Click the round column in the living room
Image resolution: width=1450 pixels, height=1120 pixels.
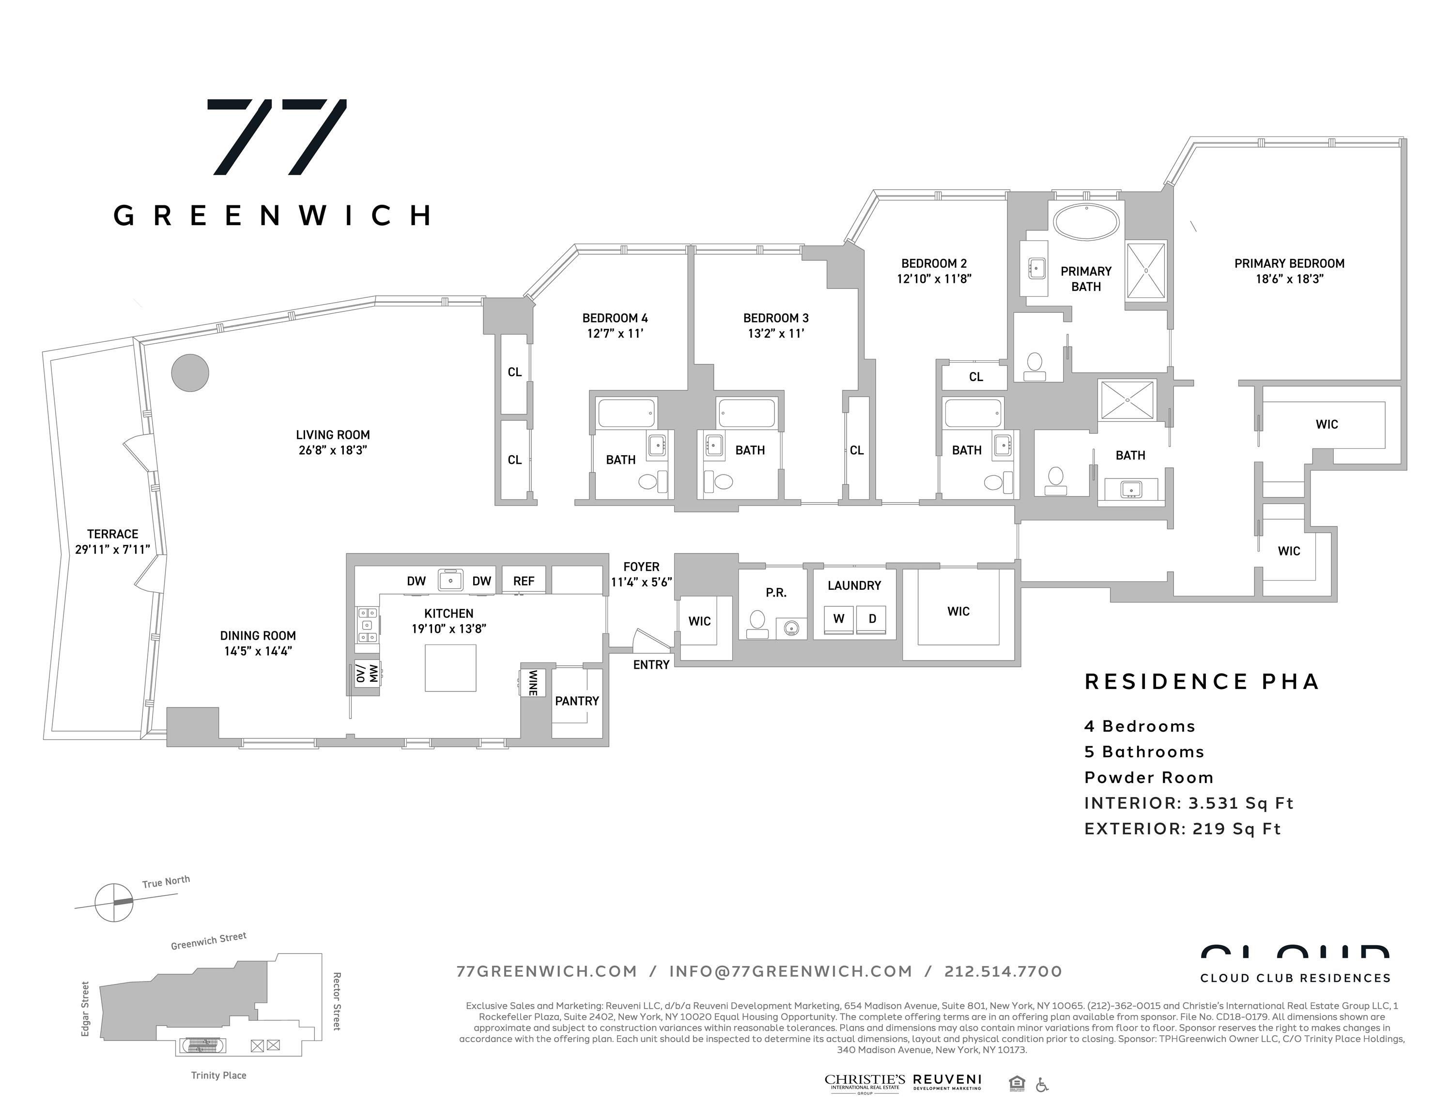click(190, 372)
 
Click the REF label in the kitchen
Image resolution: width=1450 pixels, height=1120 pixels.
click(524, 581)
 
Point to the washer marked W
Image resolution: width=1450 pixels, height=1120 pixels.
click(838, 619)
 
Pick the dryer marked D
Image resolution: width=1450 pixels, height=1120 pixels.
click(872, 619)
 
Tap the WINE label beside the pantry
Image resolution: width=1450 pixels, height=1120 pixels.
click(532, 682)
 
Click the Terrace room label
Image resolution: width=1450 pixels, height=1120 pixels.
click(113, 534)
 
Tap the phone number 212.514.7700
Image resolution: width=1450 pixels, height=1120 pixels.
click(1003, 971)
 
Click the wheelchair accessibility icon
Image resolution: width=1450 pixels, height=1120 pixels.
click(1042, 1085)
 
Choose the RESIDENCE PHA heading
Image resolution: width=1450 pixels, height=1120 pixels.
click(1202, 682)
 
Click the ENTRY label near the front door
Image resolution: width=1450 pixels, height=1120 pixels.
click(651, 664)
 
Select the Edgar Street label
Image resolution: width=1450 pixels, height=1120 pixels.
click(85, 1009)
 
